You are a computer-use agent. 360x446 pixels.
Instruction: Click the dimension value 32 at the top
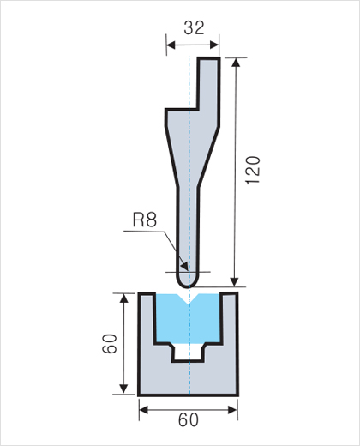(194, 28)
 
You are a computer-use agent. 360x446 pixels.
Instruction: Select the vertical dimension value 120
(253, 170)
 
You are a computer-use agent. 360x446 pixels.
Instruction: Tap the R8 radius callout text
(145, 220)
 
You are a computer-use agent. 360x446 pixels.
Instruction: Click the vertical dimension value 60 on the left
(110, 344)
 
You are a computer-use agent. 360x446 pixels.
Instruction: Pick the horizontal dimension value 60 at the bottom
(189, 420)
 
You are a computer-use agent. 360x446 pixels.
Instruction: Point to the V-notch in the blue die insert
(189, 298)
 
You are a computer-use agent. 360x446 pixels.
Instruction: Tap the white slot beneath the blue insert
(189, 352)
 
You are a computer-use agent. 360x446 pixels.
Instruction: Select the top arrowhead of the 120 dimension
(236, 63)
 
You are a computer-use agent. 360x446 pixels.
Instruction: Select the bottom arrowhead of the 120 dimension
(235, 281)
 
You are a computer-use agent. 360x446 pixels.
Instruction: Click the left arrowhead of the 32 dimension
(171, 45)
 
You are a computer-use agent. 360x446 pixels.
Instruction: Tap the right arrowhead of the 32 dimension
(214, 45)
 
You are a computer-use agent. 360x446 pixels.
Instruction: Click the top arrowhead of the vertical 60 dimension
(123, 298)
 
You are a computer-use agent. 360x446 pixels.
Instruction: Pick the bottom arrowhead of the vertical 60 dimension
(123, 389)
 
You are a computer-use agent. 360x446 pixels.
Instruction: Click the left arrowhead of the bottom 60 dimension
(144, 410)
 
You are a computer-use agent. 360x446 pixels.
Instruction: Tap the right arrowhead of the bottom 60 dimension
(232, 410)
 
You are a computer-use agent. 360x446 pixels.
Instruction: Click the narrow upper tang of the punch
(209, 83)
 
